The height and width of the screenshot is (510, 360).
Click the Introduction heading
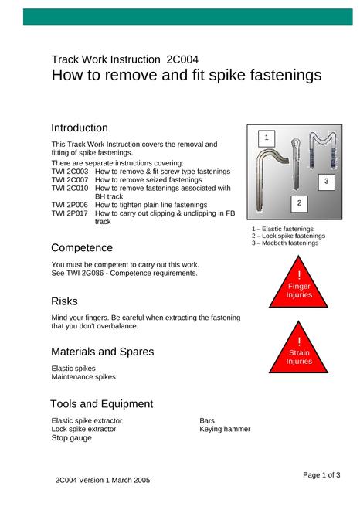pos(80,127)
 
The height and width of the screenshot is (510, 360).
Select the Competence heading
pos(82,248)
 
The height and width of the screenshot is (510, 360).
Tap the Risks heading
pos(64,301)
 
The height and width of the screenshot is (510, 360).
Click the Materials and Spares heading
pos(103,352)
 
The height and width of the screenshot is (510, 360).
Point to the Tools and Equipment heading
pos(101,404)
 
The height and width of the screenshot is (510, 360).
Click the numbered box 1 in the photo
pos(267,138)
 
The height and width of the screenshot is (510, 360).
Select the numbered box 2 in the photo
pos(299,203)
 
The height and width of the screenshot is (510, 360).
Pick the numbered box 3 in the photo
pos(327,182)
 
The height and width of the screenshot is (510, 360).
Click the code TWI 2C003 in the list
pos(70,172)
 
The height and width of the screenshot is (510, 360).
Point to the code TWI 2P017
pos(70,213)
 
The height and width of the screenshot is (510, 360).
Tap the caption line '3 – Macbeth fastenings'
pos(285,243)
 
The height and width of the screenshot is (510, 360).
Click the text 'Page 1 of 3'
pos(321,475)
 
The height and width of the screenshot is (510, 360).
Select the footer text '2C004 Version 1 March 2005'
pos(103,481)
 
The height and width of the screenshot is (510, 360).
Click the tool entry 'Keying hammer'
pos(225,430)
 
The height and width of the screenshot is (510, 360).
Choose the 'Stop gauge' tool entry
pos(72,438)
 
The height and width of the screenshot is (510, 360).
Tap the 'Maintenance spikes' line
pos(83,377)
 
